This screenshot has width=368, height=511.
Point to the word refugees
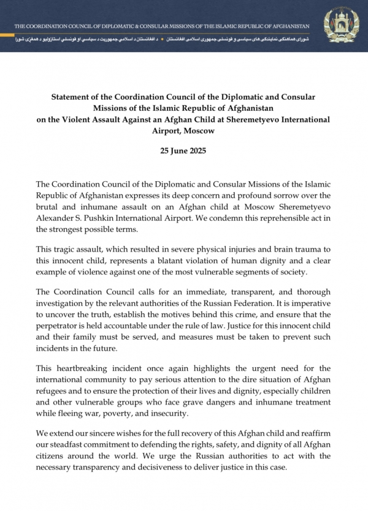(56, 392)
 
